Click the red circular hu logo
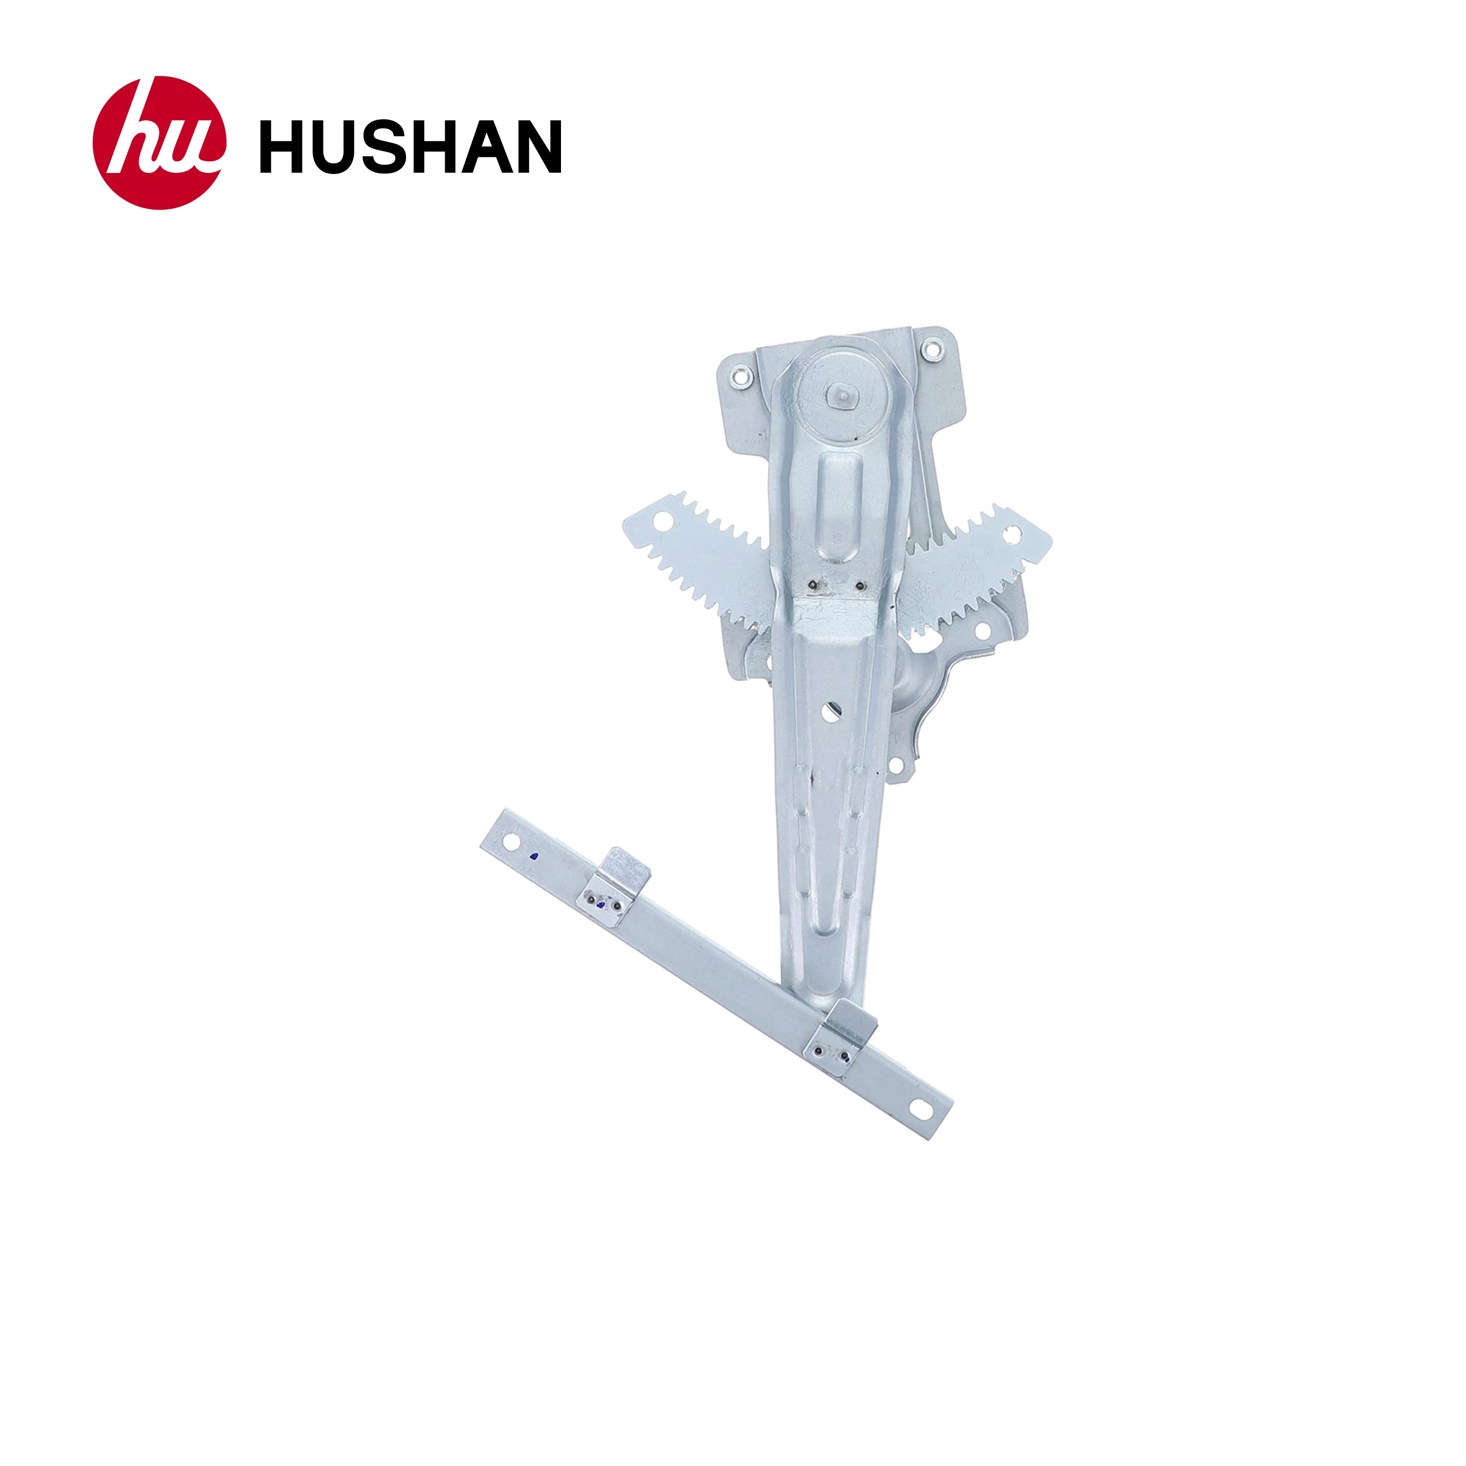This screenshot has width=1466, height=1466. point(159,143)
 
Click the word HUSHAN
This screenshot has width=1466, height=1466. point(410,147)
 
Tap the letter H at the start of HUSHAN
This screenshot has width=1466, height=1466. point(282,147)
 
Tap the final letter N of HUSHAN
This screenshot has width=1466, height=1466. point(538,147)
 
